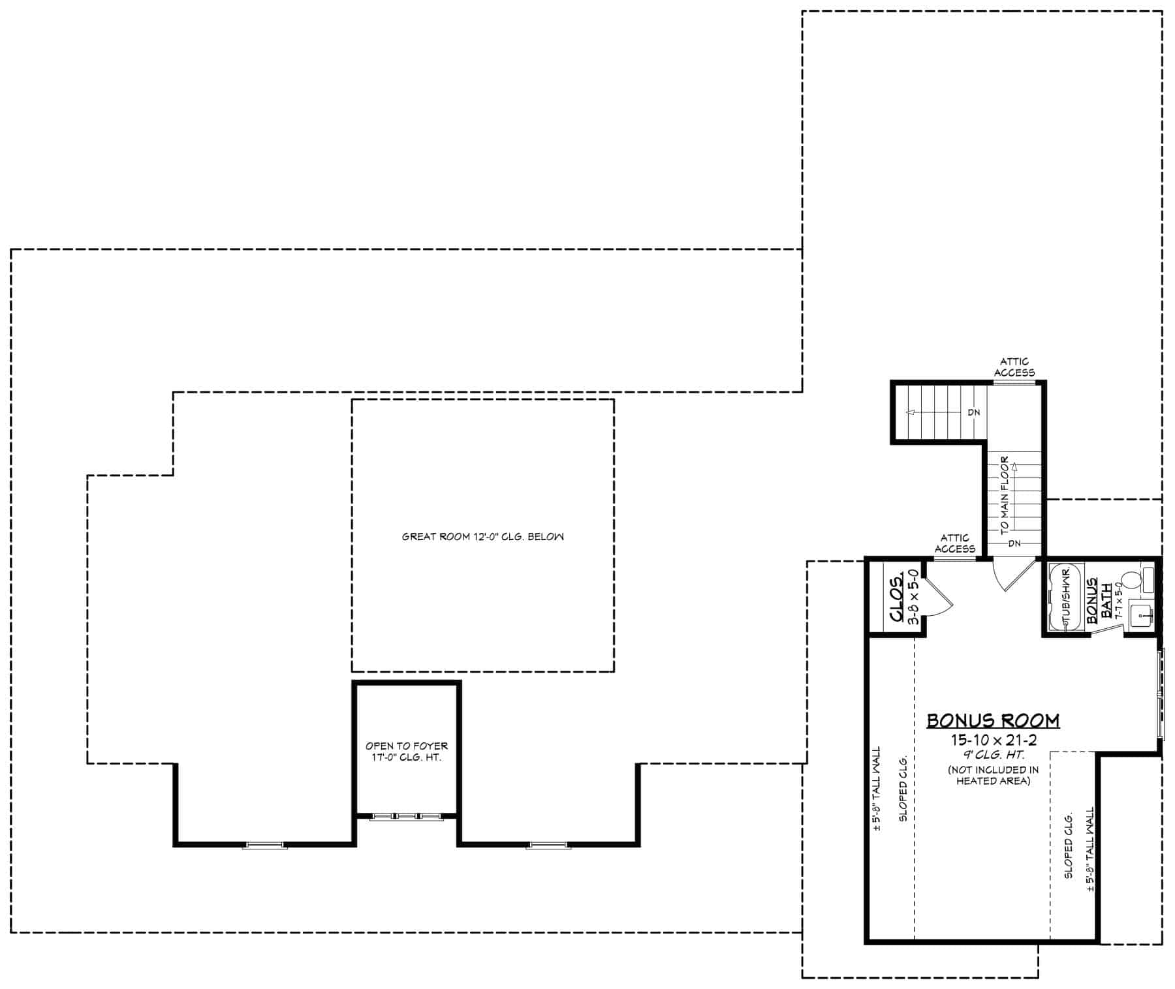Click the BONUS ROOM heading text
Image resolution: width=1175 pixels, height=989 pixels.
993,720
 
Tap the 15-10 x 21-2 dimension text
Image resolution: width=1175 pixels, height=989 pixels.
993,740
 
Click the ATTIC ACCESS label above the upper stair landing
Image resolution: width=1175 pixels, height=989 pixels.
1014,367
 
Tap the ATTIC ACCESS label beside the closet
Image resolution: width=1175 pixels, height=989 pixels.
954,543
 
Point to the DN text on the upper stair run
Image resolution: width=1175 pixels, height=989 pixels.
973,412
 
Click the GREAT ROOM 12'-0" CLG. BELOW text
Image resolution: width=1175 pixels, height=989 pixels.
482,537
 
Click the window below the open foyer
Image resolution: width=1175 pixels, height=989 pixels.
406,816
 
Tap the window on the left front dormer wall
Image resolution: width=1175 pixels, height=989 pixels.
265,845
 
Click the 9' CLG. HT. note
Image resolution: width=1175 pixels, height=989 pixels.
993,755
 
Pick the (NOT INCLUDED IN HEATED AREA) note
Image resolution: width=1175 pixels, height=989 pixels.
993,775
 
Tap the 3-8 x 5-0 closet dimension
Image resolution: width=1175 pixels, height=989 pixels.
914,596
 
